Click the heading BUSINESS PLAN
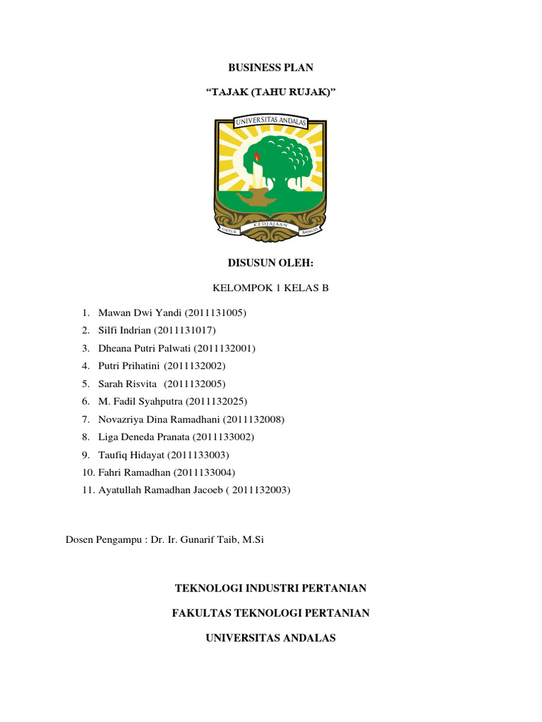[270, 68]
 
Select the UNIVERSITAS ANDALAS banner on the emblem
[270, 125]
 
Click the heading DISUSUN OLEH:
[270, 264]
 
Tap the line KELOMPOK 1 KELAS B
[270, 288]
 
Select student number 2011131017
[186, 330]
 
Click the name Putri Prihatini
[130, 366]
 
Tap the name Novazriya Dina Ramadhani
[157, 420]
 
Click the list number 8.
[85, 437]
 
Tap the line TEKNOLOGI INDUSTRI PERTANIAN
[270, 588]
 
